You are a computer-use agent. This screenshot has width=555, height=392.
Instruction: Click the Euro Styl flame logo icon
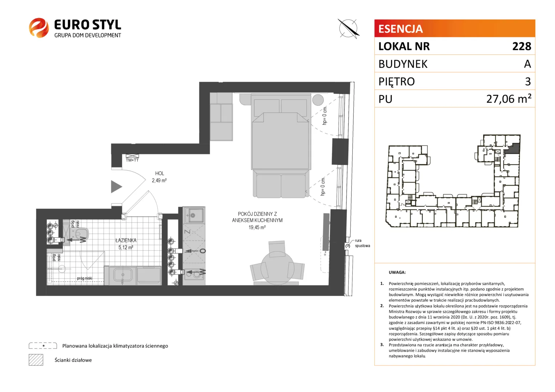tap(39, 28)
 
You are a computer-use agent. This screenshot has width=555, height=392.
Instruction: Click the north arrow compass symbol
tap(348, 29)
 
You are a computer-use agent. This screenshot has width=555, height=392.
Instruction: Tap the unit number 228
tap(522, 46)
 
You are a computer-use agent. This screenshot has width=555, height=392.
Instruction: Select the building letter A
tap(527, 64)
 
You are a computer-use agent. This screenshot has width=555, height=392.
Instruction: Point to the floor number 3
tap(528, 81)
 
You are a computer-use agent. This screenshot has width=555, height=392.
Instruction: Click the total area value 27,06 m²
tap(509, 99)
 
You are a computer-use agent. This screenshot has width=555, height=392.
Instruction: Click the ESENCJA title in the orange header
tap(401, 29)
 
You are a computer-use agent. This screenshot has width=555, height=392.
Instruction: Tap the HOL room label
tap(159, 173)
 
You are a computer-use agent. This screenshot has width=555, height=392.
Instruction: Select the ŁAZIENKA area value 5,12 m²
tap(126, 248)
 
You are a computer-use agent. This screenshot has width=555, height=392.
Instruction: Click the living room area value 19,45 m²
tap(257, 227)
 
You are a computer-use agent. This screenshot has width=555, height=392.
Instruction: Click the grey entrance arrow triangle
tap(116, 187)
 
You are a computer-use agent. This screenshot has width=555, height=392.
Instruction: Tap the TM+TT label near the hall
tap(132, 160)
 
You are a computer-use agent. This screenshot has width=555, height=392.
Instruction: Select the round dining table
tap(277, 268)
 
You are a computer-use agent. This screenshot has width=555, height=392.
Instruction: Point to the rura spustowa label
tap(362, 243)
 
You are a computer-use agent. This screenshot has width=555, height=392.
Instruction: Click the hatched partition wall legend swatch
tap(36, 360)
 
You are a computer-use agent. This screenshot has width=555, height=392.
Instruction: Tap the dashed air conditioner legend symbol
tap(43, 346)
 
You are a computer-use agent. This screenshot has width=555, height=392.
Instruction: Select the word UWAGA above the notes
tap(397, 272)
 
